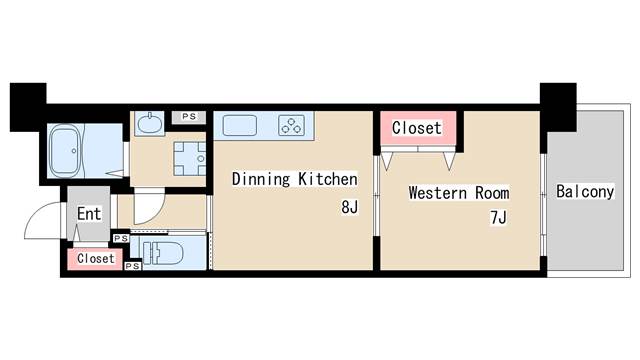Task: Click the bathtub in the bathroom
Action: pos(64,151)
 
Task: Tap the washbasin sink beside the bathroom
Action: pos(149,123)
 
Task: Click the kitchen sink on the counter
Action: pos(240,125)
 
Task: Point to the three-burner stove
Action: pos(291,125)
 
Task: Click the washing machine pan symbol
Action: pos(190,159)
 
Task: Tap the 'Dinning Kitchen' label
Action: pos(294,179)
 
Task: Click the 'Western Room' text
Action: pos(459,193)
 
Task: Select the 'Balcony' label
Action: pos(585,191)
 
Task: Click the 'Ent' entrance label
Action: pos(89,213)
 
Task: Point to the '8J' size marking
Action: pos(349,207)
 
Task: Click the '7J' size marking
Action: pos(498,218)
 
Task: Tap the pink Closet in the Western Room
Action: pos(418,128)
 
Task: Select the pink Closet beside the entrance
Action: pos(95,258)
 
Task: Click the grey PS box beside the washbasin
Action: pos(189,117)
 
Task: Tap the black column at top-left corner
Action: pos(28,107)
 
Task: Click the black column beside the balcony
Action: pos(558,107)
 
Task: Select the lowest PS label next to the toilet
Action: pos(133,266)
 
